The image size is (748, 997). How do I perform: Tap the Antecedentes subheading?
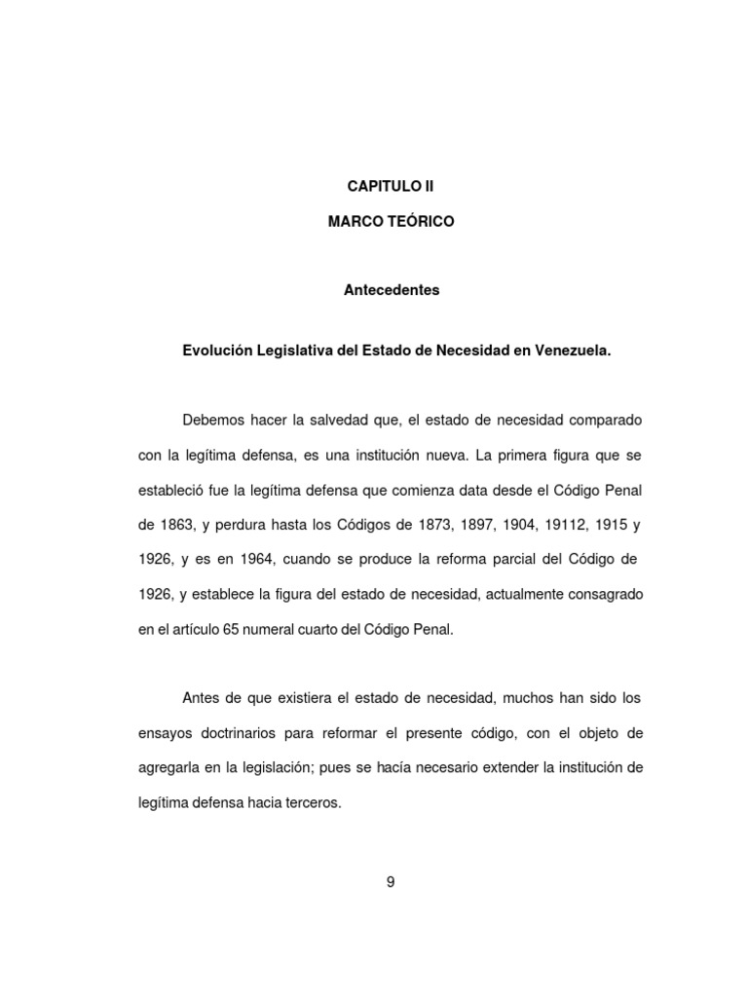[392, 290]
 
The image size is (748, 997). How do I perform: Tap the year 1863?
[172, 525]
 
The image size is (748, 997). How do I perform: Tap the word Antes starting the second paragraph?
[202, 698]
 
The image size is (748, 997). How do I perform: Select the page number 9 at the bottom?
[391, 883]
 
